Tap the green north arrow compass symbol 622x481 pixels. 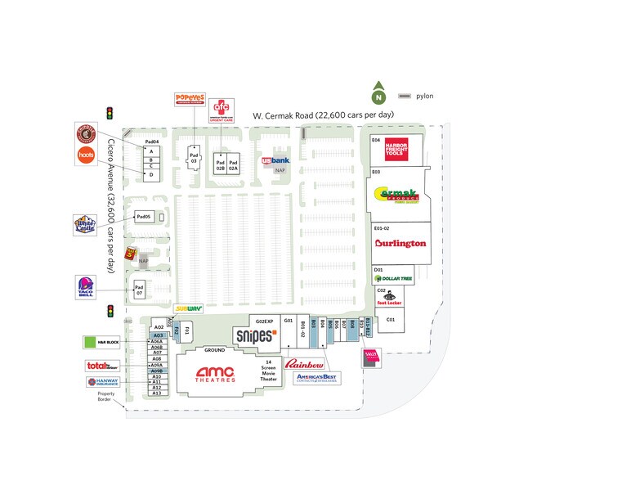378,94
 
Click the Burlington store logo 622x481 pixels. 400,243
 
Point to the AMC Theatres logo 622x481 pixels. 216,373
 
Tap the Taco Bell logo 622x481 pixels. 86,287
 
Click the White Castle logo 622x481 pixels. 85,223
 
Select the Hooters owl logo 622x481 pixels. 86,155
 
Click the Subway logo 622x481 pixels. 187,308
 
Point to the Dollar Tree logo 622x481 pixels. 394,279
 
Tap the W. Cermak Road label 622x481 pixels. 323,115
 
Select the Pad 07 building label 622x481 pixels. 139,290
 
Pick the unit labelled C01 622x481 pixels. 391,320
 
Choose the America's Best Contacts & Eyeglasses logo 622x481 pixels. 317,379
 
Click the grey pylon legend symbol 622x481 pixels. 405,96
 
